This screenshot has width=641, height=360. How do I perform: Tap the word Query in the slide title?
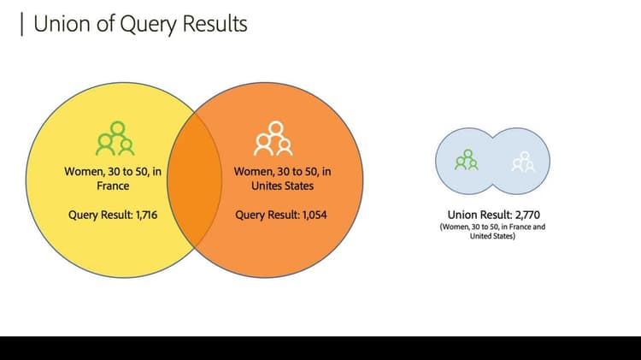pyautogui.click(x=133, y=24)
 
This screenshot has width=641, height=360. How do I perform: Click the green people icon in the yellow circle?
pyautogui.click(x=115, y=139)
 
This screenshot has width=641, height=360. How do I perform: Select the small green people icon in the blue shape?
pyautogui.click(x=467, y=160)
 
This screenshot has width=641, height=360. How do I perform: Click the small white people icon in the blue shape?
pyautogui.click(x=522, y=160)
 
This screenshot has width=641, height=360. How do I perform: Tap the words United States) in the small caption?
pyautogui.click(x=492, y=236)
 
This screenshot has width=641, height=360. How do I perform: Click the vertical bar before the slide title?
pyautogui.click(x=21, y=24)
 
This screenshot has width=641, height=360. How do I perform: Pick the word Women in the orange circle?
pyautogui.click(x=253, y=172)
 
